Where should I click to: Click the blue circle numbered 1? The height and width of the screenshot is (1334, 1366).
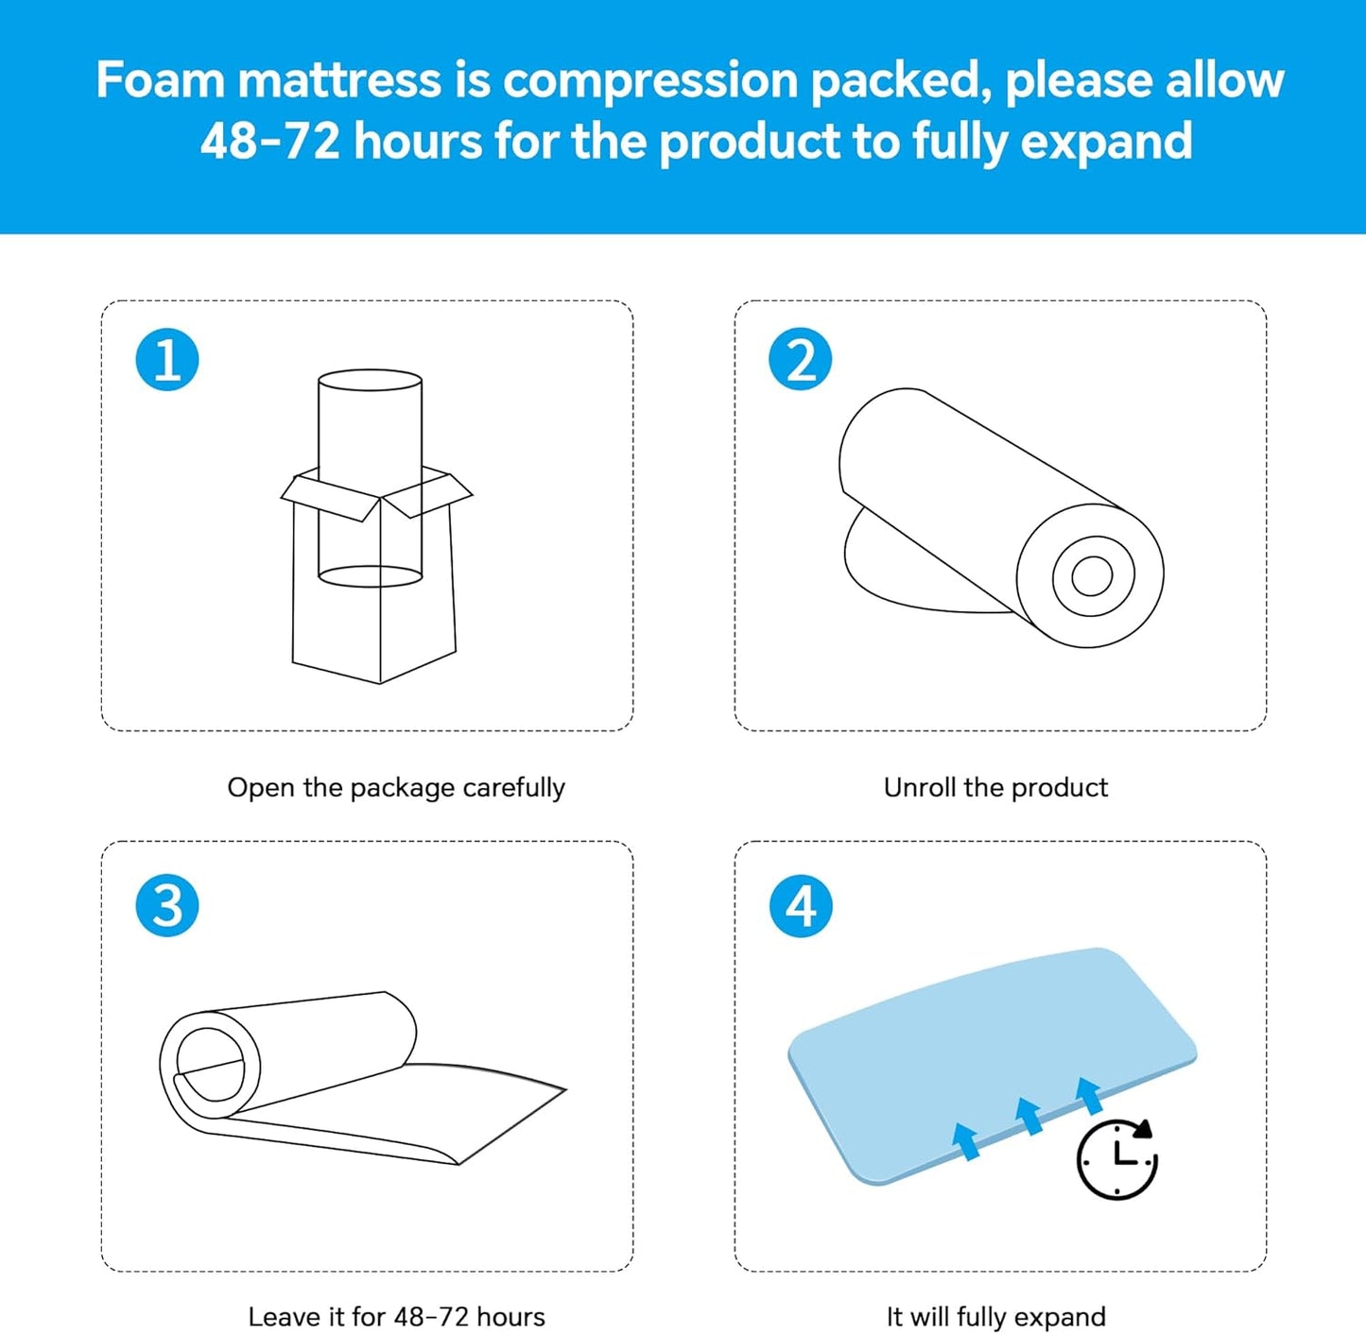(167, 360)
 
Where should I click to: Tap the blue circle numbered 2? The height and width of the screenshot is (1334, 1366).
(801, 360)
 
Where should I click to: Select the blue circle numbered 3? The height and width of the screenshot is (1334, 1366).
(167, 905)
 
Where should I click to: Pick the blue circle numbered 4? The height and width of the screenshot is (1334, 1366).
(801, 905)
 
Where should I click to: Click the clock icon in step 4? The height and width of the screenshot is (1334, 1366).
(1116, 1159)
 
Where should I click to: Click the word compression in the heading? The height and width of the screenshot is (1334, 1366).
(650, 79)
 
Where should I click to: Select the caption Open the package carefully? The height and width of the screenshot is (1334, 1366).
(396, 787)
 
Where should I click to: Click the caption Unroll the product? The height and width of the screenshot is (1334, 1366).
(995, 787)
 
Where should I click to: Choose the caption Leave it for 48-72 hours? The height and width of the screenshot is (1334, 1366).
(396, 1316)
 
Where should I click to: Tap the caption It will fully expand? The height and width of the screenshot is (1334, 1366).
(995, 1316)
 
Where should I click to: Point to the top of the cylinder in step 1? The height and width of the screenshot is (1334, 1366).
(370, 381)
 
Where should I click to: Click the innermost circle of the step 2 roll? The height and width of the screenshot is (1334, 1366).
(1092, 575)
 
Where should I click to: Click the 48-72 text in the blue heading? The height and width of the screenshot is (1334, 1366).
(269, 142)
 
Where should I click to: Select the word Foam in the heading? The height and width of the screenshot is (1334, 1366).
(160, 79)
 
